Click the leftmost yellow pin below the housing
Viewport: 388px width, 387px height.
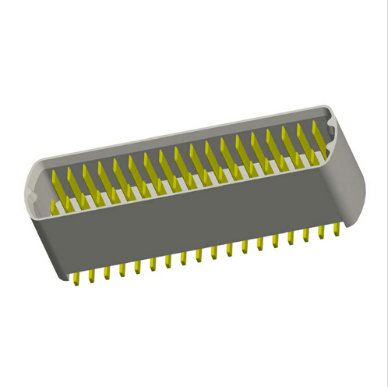tap(76, 278)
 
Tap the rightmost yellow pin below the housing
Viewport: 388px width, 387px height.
tap(337, 229)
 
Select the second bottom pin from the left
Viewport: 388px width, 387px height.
tap(91, 275)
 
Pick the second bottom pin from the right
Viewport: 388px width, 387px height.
tap(321, 232)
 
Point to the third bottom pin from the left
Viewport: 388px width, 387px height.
tap(107, 272)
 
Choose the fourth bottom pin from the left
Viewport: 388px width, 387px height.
tap(122, 269)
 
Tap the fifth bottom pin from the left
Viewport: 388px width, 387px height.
tap(137, 266)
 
